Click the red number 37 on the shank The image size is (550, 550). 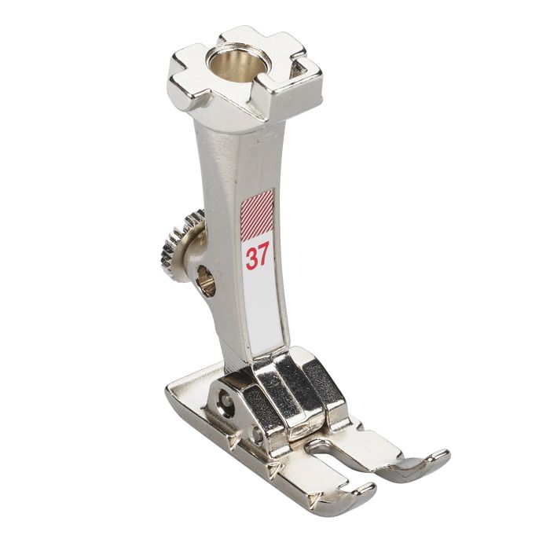click(257, 257)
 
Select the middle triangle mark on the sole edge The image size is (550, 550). click(273, 470)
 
